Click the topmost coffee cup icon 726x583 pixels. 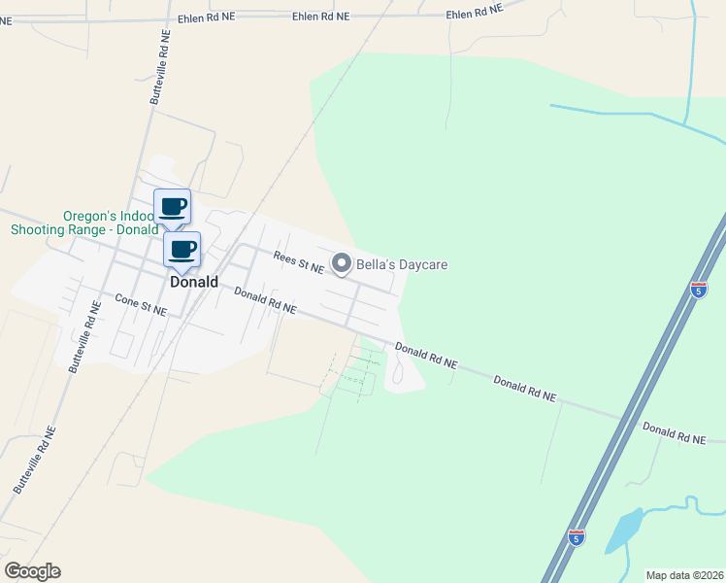tap(173, 206)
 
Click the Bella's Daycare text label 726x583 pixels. tap(401, 263)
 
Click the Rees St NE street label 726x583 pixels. tap(298, 261)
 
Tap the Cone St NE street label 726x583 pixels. tap(141, 304)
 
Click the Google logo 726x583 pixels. tap(32, 570)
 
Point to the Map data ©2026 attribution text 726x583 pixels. tap(684, 575)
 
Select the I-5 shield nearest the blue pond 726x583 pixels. tap(577, 538)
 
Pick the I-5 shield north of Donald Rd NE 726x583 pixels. tap(699, 289)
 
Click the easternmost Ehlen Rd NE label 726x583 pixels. tap(475, 13)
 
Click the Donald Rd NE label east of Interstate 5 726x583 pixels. tap(674, 433)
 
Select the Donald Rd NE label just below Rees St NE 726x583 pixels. tap(265, 301)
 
